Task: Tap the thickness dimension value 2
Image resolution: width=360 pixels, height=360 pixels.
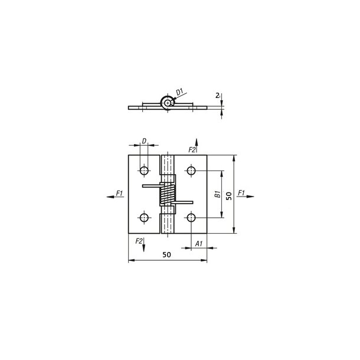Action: (x=218, y=94)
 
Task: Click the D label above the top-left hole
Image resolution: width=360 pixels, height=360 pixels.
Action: (x=143, y=140)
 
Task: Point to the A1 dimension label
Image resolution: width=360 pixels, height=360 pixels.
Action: (x=199, y=243)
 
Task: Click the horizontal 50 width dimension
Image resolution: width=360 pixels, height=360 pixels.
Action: (x=166, y=254)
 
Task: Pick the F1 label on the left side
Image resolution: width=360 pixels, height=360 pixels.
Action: (x=120, y=193)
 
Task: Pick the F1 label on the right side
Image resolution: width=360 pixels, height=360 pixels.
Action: (x=240, y=193)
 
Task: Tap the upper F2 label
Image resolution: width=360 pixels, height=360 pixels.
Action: (x=192, y=150)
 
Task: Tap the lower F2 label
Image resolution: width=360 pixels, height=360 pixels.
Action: (x=139, y=241)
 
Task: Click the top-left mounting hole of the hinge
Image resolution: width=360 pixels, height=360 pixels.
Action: (x=143, y=171)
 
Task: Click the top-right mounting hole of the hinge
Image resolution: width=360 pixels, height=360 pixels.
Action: (x=191, y=171)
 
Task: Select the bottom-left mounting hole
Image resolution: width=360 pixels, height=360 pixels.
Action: (x=143, y=218)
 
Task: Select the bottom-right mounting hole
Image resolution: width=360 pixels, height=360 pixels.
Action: (x=191, y=218)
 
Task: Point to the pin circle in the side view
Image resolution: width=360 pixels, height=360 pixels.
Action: (x=169, y=103)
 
